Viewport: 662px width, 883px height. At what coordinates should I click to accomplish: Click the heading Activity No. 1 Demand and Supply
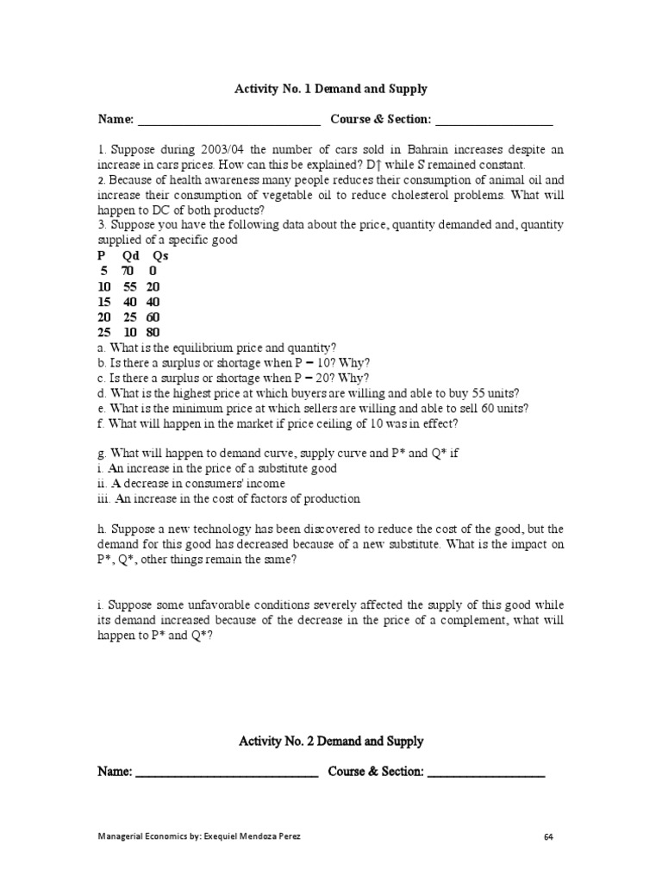tap(331, 89)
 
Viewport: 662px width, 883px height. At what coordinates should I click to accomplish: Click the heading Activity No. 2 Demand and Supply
tap(331, 742)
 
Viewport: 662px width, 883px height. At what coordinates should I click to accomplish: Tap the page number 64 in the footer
tap(549, 836)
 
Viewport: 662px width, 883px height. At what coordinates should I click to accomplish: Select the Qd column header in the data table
tap(131, 256)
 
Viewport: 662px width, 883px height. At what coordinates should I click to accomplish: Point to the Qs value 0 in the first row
tap(153, 272)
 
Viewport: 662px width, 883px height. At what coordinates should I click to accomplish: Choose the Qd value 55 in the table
tap(129, 287)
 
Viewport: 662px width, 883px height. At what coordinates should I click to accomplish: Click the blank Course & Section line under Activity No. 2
tap(485, 771)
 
